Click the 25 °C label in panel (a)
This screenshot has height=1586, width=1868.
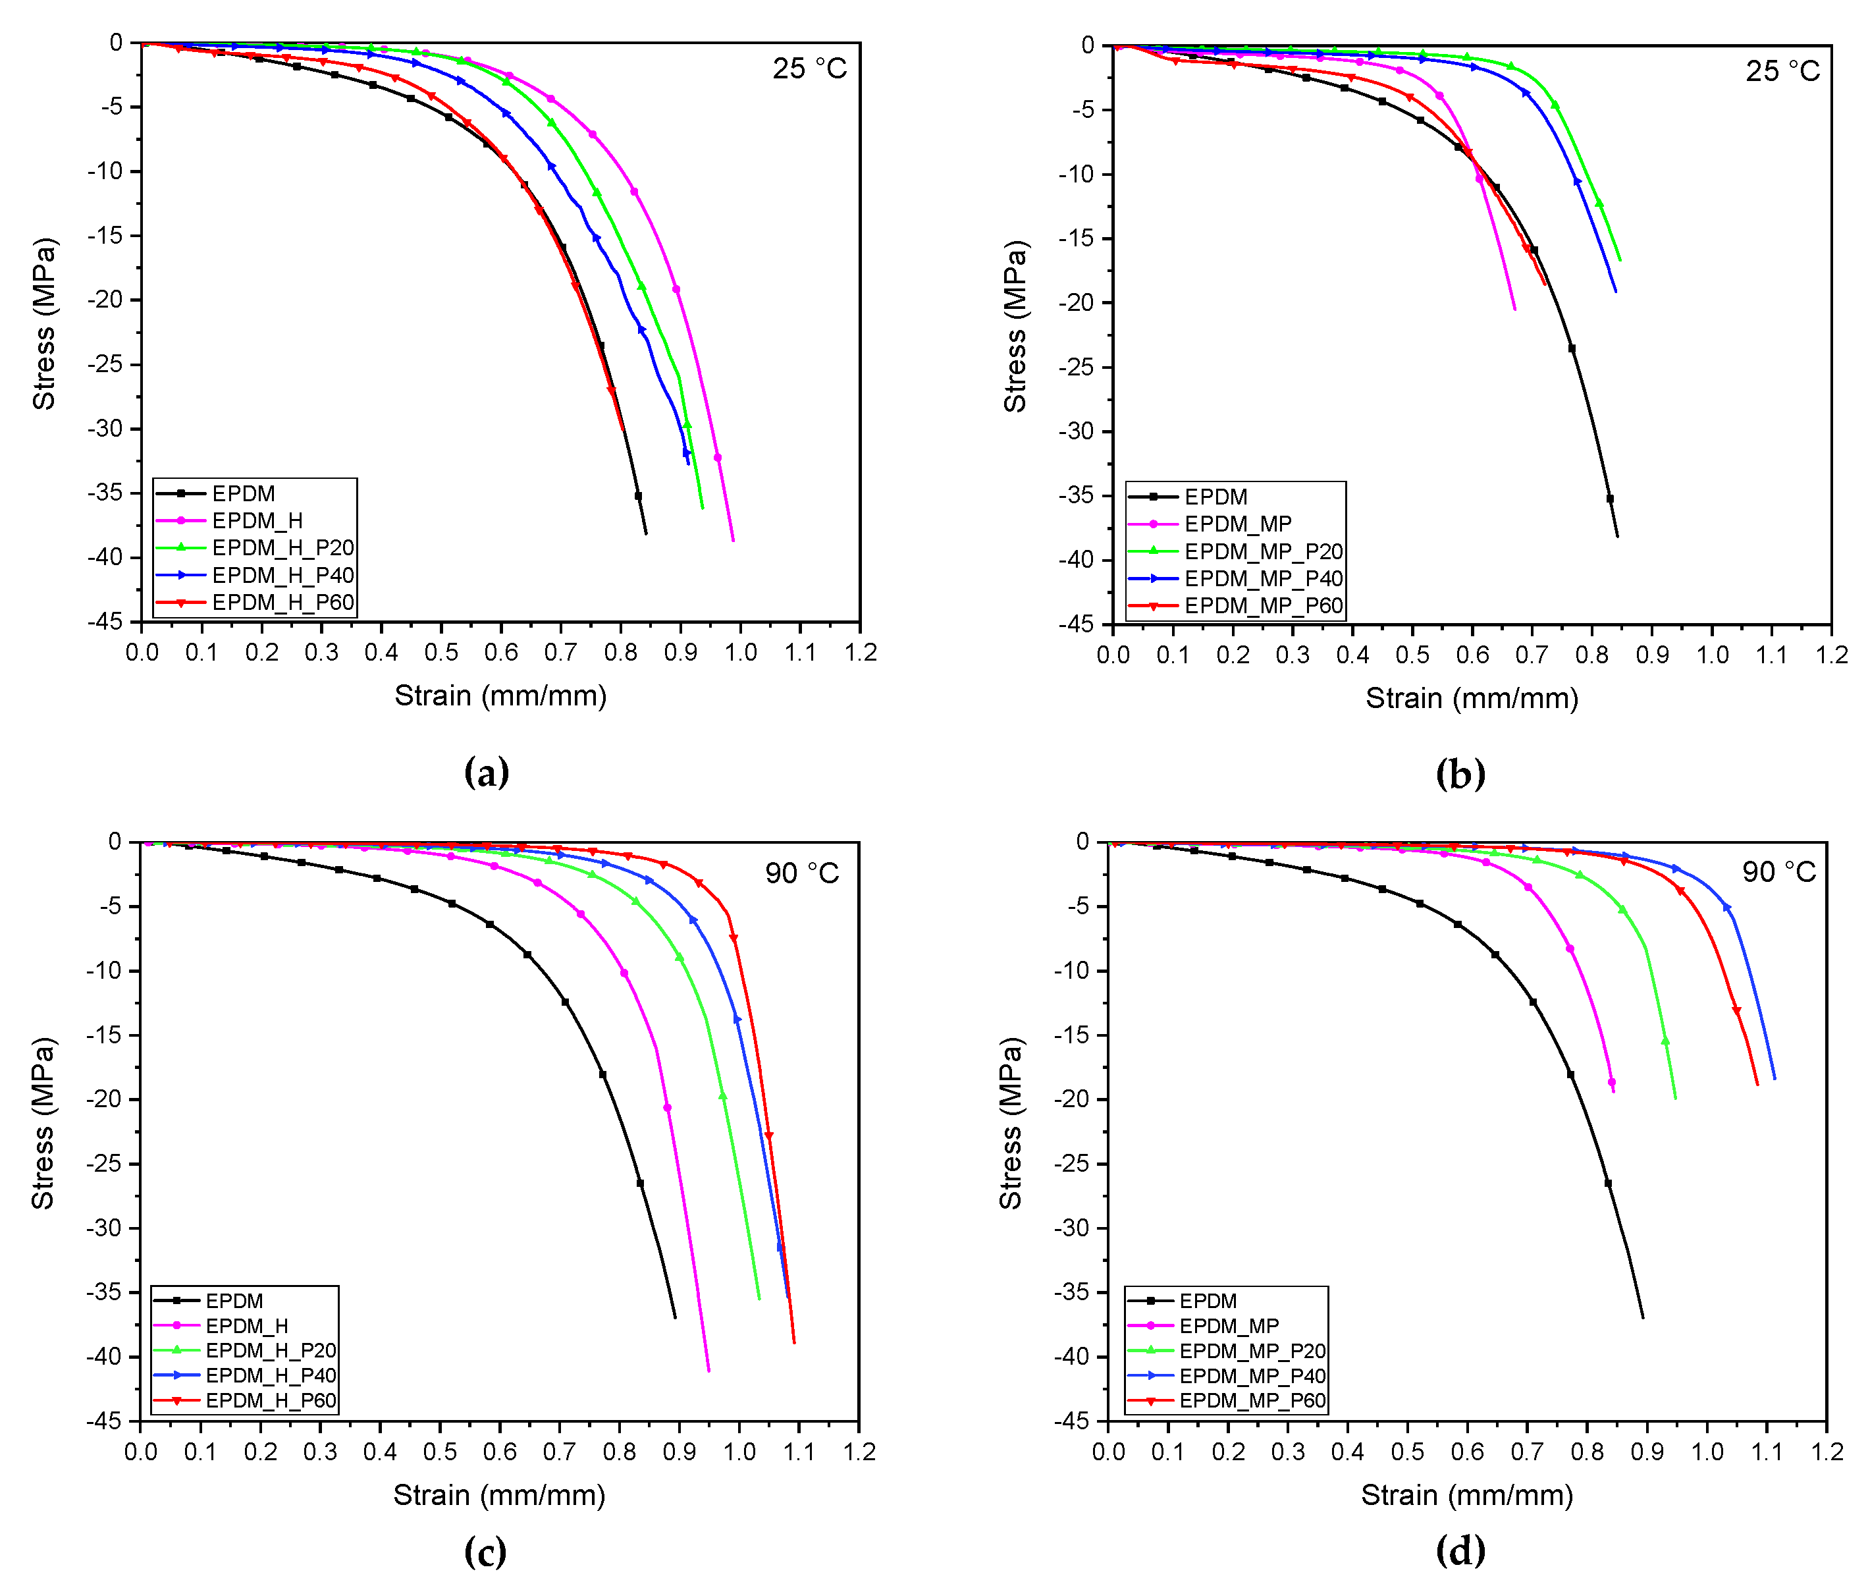click(x=809, y=68)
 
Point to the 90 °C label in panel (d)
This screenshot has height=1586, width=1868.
click(x=1778, y=871)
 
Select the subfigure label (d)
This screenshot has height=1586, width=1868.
click(x=1460, y=1550)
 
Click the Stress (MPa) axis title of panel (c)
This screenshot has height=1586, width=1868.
click(x=42, y=1124)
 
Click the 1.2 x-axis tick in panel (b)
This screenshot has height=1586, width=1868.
click(x=1831, y=655)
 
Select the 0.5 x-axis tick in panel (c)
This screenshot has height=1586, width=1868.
click(x=440, y=1452)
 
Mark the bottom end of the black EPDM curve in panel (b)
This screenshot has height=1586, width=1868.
click(x=1617, y=537)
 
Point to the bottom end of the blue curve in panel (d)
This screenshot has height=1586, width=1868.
click(x=1775, y=1079)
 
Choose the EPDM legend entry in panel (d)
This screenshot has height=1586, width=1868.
click(x=1208, y=1301)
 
